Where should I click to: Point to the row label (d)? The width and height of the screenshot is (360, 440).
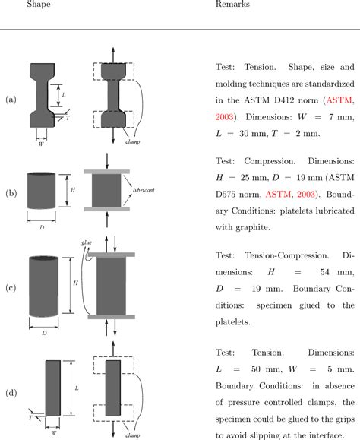coord(11,393)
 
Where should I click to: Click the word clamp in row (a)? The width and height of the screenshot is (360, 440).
coord(156,141)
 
